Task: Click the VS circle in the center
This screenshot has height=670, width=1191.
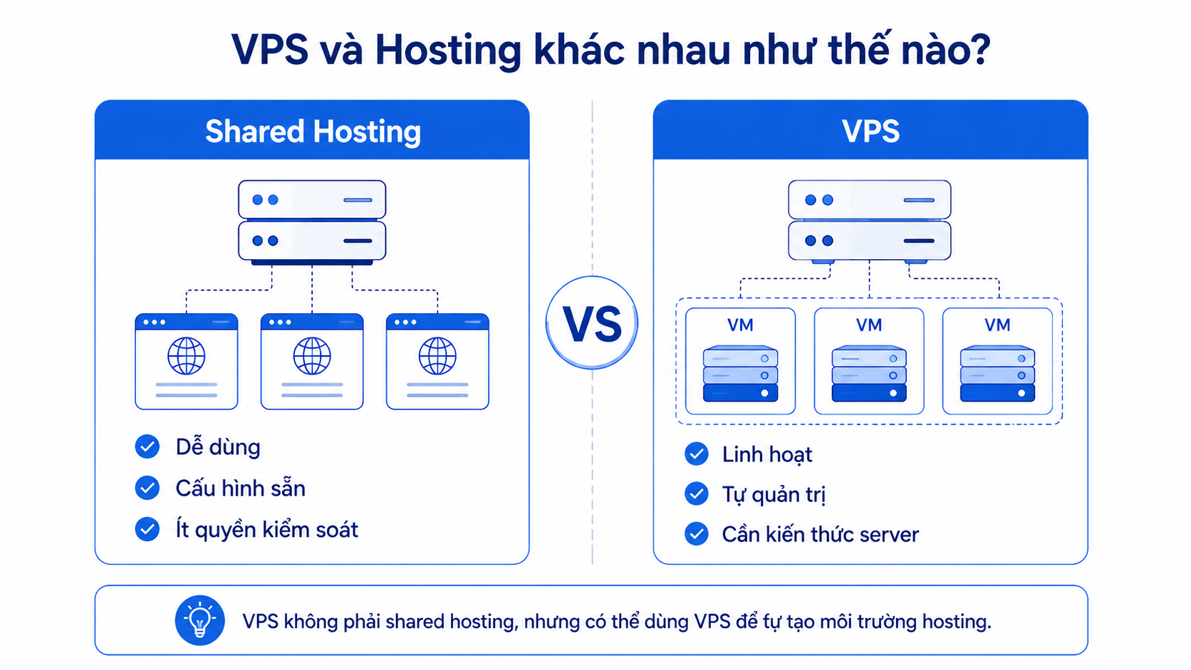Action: (592, 323)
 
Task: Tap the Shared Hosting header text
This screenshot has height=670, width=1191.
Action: (313, 131)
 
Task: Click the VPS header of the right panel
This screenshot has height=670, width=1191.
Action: (870, 131)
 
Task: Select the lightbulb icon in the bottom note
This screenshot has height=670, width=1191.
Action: (200, 620)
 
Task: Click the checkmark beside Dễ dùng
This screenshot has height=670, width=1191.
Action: (147, 446)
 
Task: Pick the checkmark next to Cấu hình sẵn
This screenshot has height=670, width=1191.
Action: (147, 488)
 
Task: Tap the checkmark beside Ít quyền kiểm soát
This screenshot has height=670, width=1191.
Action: (147, 529)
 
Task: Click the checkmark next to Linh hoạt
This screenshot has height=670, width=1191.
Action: (697, 454)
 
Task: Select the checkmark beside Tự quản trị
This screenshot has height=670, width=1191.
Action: (697, 493)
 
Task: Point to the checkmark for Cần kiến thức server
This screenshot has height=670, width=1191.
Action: (697, 534)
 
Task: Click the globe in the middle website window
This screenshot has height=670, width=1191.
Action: (312, 356)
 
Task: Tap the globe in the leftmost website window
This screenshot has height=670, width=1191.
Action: (187, 356)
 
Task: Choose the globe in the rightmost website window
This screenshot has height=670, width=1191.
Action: (437, 356)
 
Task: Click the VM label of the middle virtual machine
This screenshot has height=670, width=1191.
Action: (869, 325)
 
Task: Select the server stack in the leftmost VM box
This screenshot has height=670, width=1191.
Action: (741, 374)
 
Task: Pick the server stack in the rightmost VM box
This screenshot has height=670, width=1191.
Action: (997, 374)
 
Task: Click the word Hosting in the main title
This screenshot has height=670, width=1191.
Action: (448, 51)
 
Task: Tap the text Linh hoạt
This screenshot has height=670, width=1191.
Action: (766, 455)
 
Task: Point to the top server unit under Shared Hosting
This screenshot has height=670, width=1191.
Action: (312, 199)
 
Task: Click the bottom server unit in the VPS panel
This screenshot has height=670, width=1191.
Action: (869, 241)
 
